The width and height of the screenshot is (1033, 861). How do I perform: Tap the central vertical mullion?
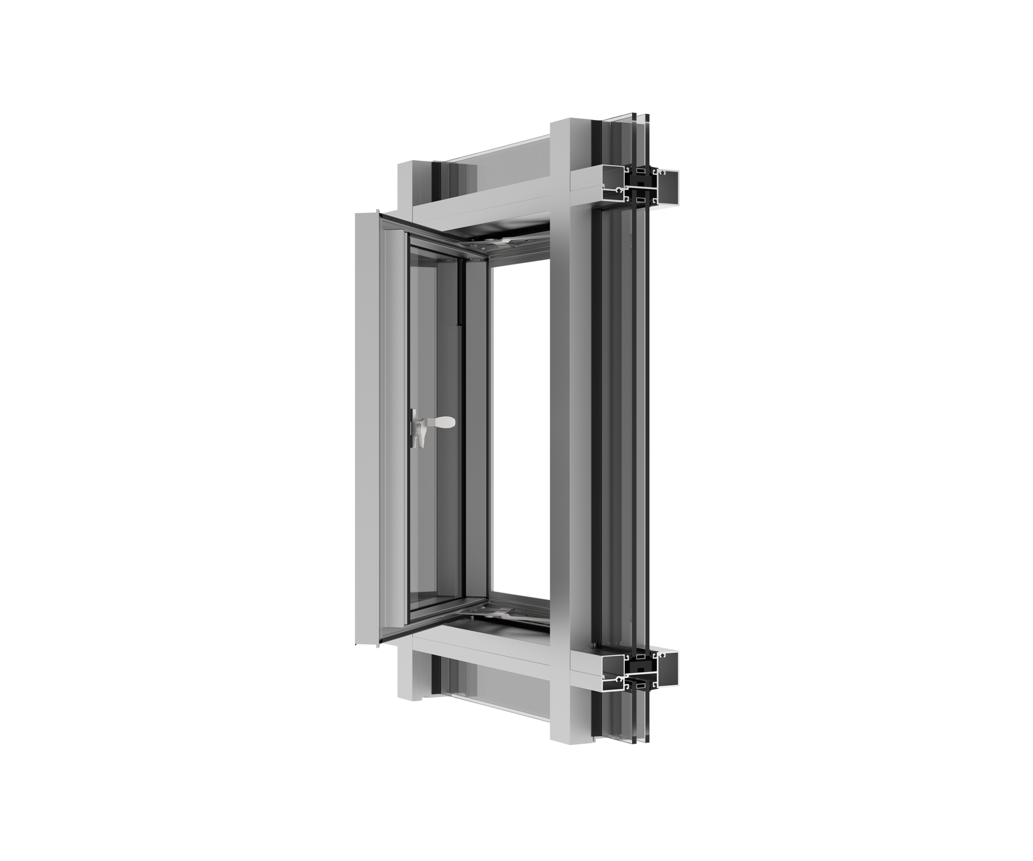[x=560, y=430]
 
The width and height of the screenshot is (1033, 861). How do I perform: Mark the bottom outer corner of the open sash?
[x=381, y=643]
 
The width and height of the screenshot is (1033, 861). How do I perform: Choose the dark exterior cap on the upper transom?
[x=667, y=188]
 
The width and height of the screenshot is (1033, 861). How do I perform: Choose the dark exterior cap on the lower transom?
[x=667, y=667]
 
